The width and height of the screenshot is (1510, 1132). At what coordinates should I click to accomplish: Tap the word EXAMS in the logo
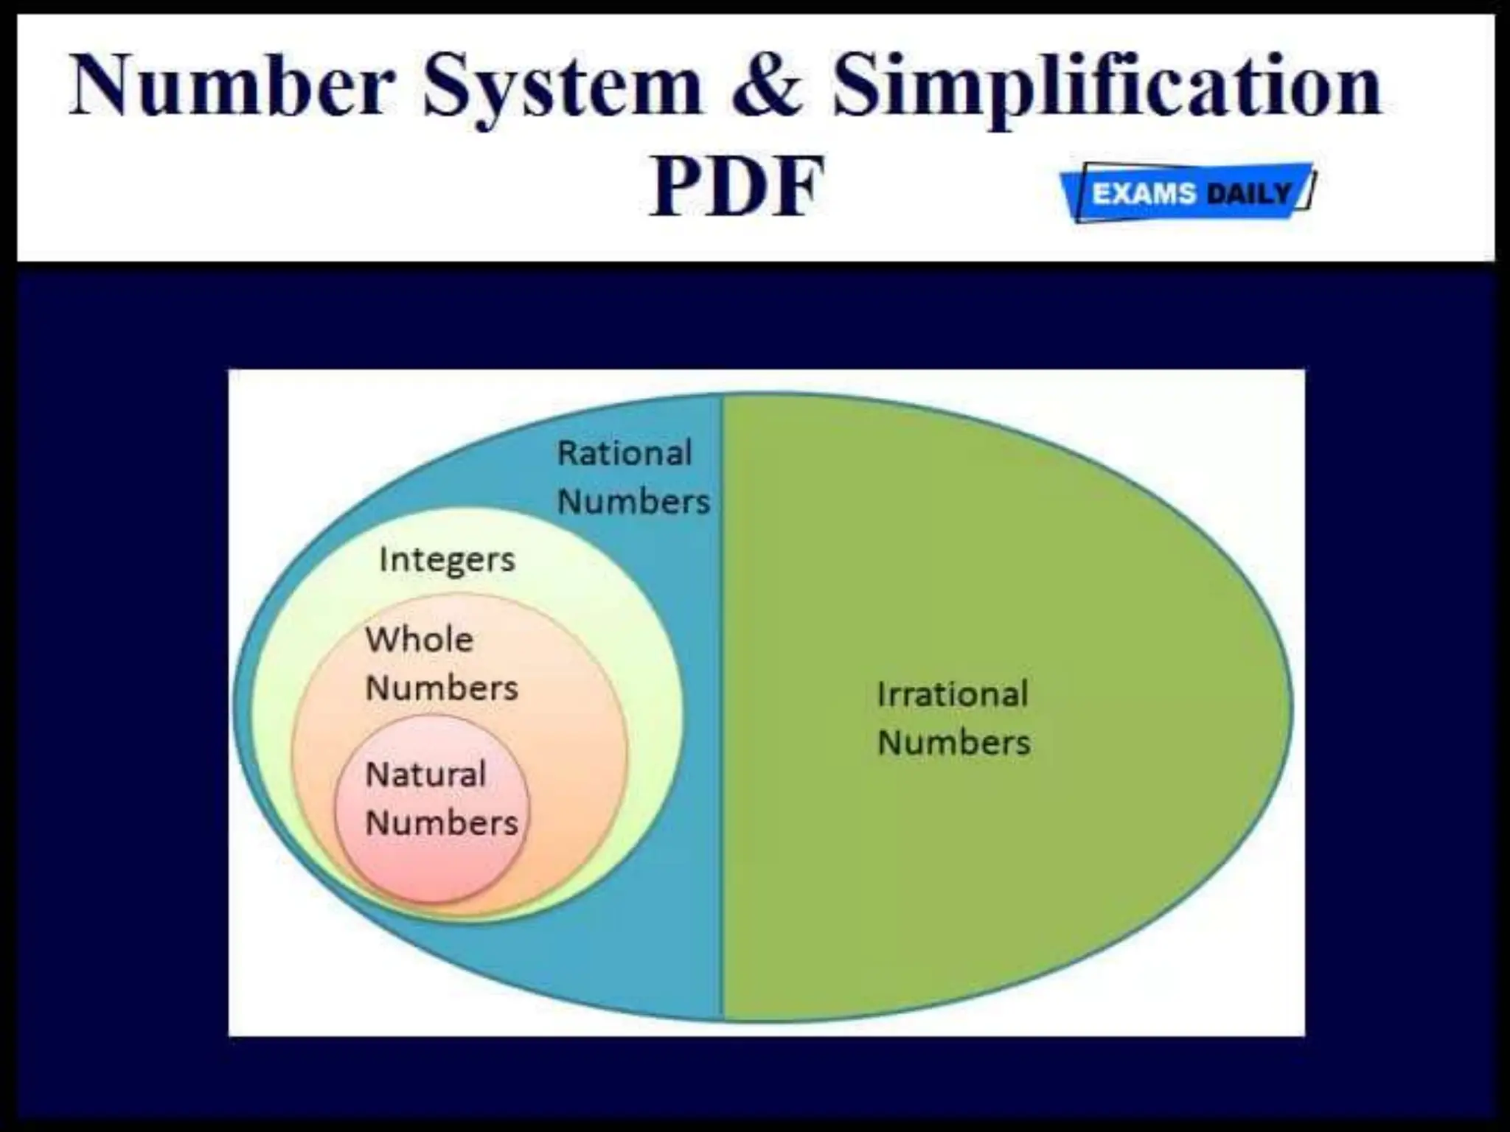[x=1144, y=193]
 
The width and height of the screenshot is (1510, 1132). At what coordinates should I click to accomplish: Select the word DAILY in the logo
[x=1250, y=193]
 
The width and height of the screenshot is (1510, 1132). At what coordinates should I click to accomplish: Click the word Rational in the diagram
[x=624, y=453]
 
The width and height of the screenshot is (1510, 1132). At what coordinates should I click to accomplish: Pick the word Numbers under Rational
[x=633, y=502]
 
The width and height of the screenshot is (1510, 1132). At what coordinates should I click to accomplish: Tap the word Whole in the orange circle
[x=420, y=640]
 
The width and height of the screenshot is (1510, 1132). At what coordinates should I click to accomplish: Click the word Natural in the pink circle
[x=425, y=775]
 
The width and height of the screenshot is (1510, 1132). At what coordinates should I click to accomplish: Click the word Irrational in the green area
[x=953, y=694]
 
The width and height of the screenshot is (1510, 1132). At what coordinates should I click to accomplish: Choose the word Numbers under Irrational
[x=954, y=742]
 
